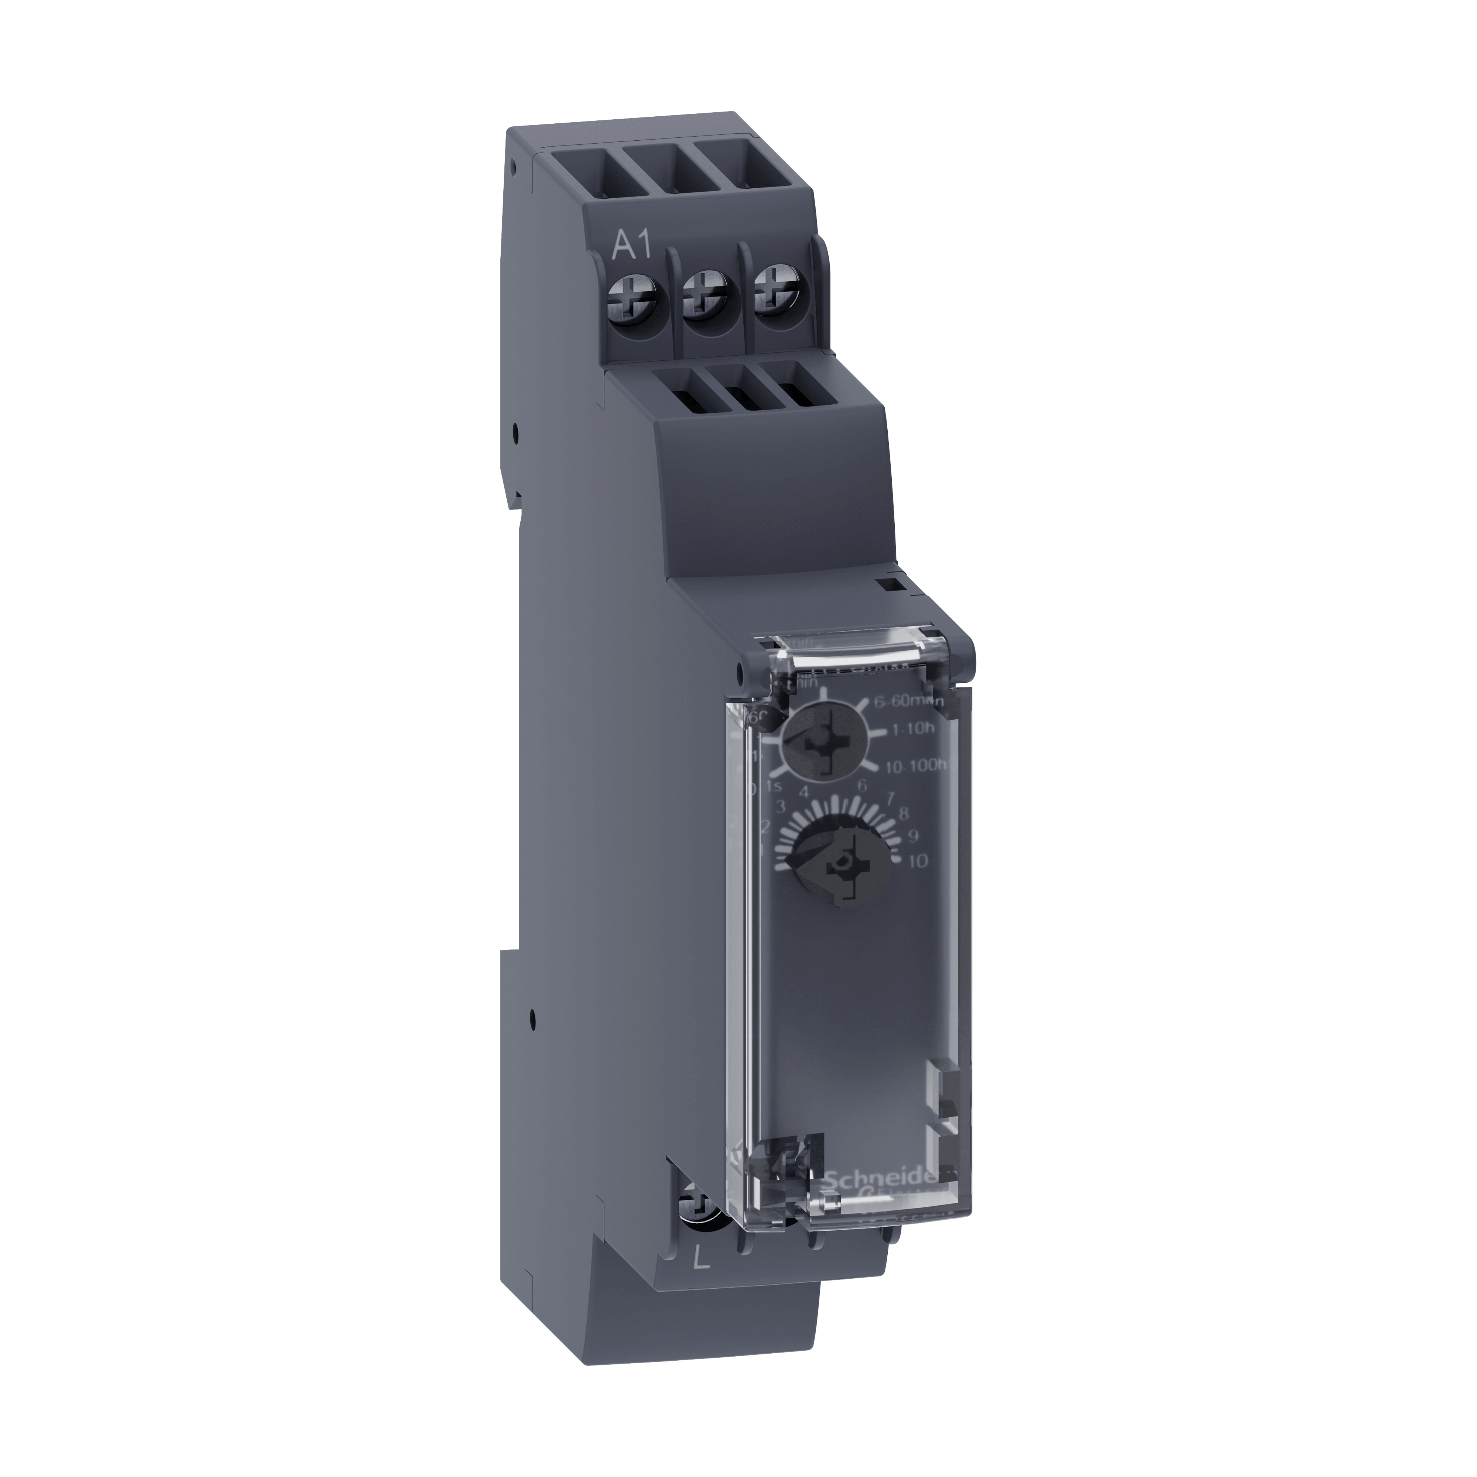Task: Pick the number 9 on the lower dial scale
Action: [912, 836]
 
